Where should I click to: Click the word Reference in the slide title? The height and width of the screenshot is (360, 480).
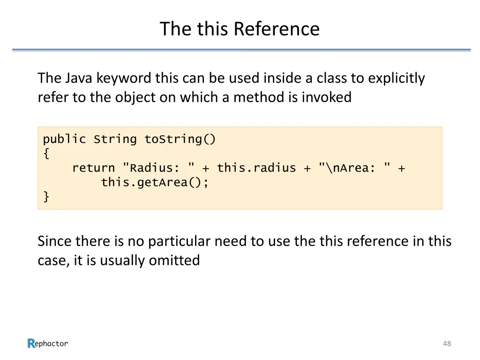click(x=277, y=29)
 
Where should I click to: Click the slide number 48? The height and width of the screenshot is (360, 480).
click(x=447, y=344)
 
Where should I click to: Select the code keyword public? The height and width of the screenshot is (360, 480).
click(x=65, y=139)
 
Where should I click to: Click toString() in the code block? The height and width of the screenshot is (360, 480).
click(x=180, y=139)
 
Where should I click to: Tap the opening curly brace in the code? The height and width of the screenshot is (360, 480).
click(x=46, y=153)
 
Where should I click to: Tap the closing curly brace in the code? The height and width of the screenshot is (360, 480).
click(x=46, y=196)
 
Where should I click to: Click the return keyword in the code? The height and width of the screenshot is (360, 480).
click(x=93, y=168)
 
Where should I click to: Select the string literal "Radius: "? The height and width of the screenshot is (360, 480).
click(x=159, y=168)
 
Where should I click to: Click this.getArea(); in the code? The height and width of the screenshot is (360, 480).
click(x=155, y=182)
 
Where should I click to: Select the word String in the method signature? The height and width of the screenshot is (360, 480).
click(x=115, y=139)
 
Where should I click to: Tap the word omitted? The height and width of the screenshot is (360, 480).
click(x=174, y=260)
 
